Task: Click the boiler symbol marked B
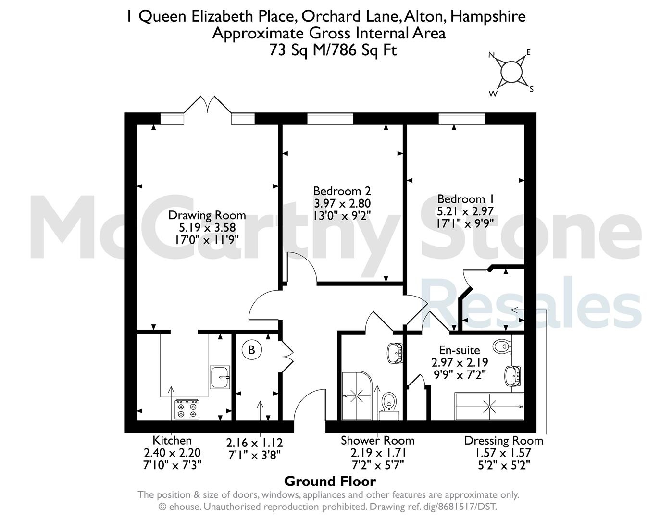(x=251, y=350)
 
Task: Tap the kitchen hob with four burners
(x=187, y=409)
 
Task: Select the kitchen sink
(x=220, y=377)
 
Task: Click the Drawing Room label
(x=207, y=215)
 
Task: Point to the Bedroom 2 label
(x=342, y=191)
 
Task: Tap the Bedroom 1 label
(x=465, y=198)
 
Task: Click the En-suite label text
(x=460, y=350)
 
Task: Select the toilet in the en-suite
(x=502, y=346)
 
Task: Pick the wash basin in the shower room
(x=395, y=353)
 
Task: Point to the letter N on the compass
(x=491, y=55)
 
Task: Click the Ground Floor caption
(x=330, y=482)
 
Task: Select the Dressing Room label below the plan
(x=503, y=441)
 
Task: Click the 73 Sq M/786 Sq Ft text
(x=333, y=50)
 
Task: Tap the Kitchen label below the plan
(x=172, y=440)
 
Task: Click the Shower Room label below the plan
(x=378, y=441)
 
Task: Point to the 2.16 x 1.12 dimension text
(x=254, y=443)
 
